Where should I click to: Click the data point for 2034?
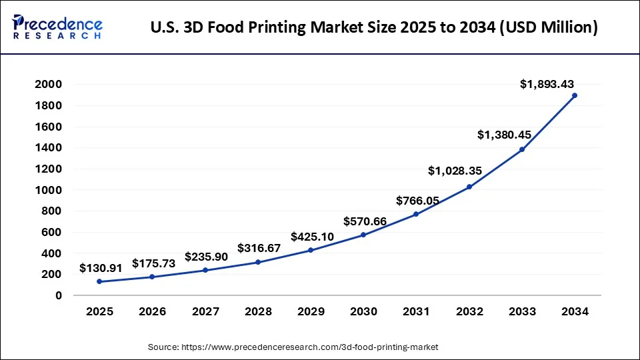pos(575,95)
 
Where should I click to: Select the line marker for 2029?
pos(311,250)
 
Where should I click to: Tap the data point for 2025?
pos(99,281)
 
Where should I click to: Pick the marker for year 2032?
pos(469,187)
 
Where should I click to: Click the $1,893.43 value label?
pos(547,84)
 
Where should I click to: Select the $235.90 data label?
pos(206,257)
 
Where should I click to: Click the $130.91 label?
pos(101,268)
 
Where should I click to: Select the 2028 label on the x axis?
pos(258,311)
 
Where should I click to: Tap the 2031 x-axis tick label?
pos(417,311)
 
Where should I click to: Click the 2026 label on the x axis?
pos(153,311)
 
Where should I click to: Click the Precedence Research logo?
pos(57,27)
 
